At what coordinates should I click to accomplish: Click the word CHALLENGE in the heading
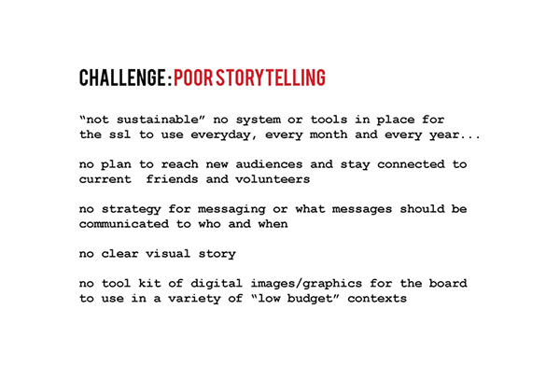[121, 77]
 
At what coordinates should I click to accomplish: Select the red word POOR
[193, 77]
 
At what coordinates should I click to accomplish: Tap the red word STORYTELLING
[271, 77]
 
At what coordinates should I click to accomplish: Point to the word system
[259, 120]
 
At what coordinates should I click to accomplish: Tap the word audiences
[269, 164]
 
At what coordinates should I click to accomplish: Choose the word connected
[411, 164]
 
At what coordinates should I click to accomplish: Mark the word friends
[172, 179]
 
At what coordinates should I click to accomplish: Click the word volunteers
[273, 179]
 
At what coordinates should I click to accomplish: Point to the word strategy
[132, 210]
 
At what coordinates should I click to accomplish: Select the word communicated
[124, 224]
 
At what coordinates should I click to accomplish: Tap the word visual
[168, 254]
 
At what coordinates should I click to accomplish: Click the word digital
[217, 284]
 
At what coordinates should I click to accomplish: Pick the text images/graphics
[306, 284]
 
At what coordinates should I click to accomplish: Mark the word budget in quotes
[310, 299]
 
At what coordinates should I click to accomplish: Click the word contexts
[377, 299]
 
